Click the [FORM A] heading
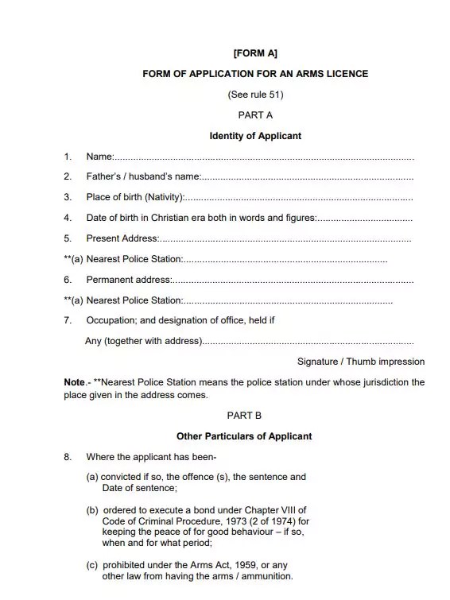(x=255, y=53)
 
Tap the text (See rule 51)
(x=255, y=95)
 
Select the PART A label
(x=255, y=115)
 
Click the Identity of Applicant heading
(x=255, y=136)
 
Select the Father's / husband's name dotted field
(x=307, y=176)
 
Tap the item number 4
(x=68, y=218)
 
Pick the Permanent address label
(x=129, y=280)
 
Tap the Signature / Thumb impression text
(x=360, y=362)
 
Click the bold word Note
(x=74, y=382)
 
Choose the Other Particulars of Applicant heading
(x=244, y=436)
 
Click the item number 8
(x=68, y=457)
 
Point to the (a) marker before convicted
(x=92, y=478)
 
